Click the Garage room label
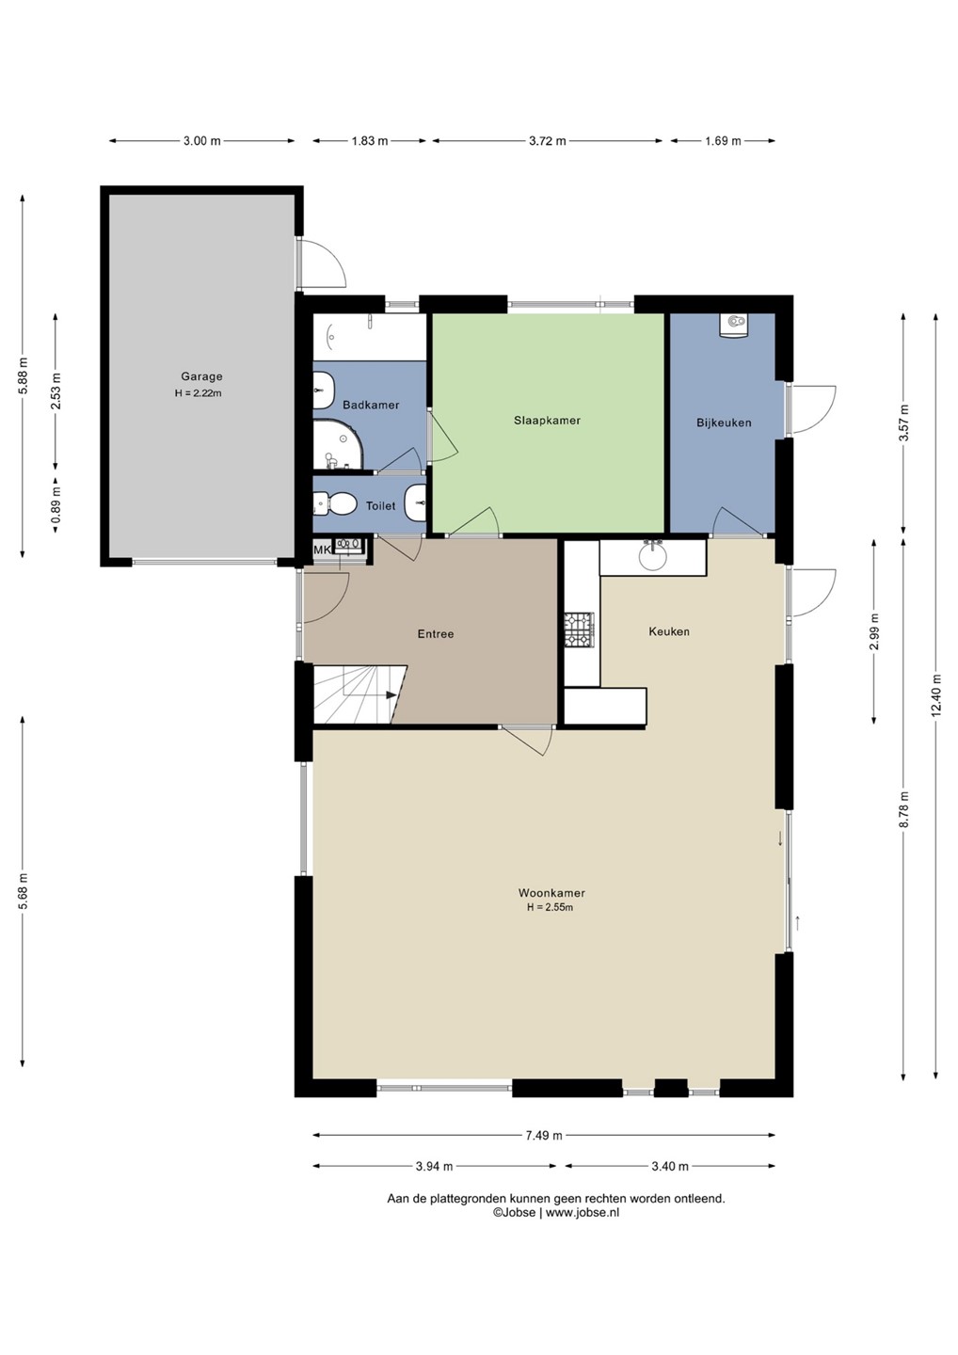coord(201,376)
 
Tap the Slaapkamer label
coord(547,421)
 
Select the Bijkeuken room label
coord(724,422)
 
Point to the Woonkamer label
coord(551,892)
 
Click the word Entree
coord(436,634)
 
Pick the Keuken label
coord(669,631)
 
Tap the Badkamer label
coord(371,405)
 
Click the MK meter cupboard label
coord(322,550)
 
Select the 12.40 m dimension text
coord(936,695)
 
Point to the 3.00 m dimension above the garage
coord(202,141)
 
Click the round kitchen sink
coord(652,558)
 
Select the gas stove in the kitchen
coord(579,629)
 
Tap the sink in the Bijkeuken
coord(734,326)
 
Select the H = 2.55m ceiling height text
coord(550,907)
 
